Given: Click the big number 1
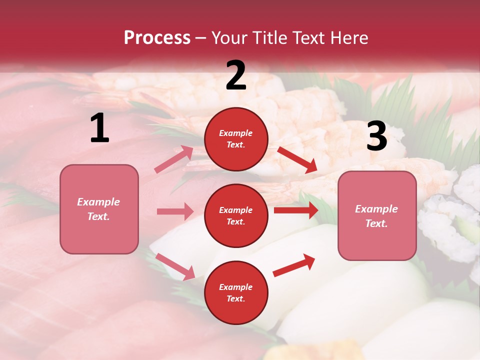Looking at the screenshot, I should pyautogui.click(x=99, y=128).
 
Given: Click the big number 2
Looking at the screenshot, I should pyautogui.click(x=236, y=75).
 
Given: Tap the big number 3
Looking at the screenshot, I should pyautogui.click(x=376, y=136).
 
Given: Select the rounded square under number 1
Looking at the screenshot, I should pyautogui.click(x=99, y=209).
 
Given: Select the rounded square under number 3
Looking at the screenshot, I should pyautogui.click(x=377, y=215).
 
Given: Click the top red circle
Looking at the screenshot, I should pyautogui.click(x=236, y=139).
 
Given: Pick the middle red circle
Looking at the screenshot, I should pyautogui.click(x=236, y=215).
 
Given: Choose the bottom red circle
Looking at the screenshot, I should pyautogui.click(x=236, y=292).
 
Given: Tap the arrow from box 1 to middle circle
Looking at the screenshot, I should pyautogui.click(x=175, y=211).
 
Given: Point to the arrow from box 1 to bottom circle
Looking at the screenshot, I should pyautogui.click(x=175, y=266).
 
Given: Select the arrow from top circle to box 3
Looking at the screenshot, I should pyautogui.click(x=297, y=159).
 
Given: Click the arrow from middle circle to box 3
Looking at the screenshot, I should pyautogui.click(x=296, y=210).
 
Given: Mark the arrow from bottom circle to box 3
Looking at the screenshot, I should pyautogui.click(x=294, y=265).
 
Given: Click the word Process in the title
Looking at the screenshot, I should pyautogui.click(x=157, y=38).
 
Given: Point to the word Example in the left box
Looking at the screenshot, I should pyautogui.click(x=98, y=202).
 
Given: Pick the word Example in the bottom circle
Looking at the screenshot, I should pyautogui.click(x=236, y=287).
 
